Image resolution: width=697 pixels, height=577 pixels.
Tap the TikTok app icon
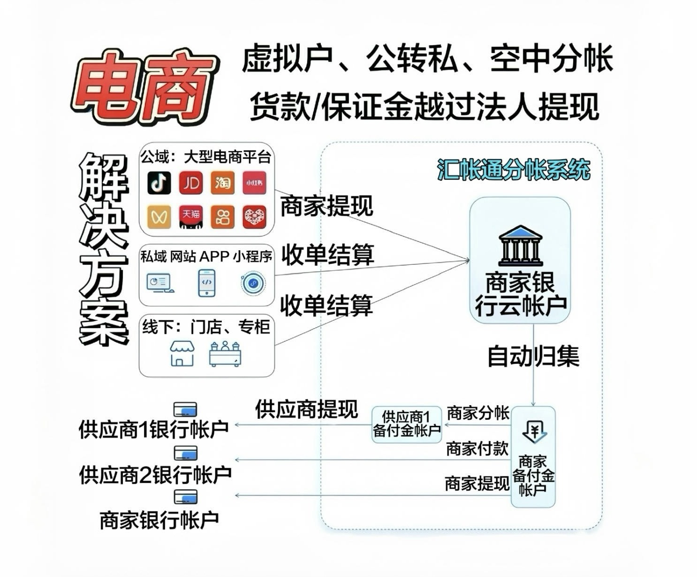click(x=159, y=182)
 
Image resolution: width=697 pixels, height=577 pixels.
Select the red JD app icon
click(x=191, y=182)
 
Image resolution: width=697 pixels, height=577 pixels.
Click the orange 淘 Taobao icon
click(x=222, y=182)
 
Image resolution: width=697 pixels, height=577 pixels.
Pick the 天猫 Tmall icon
click(x=191, y=216)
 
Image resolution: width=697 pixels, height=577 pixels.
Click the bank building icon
click(x=520, y=246)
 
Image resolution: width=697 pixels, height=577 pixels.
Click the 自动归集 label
click(x=533, y=356)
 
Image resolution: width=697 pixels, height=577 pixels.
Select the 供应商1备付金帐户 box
click(x=407, y=424)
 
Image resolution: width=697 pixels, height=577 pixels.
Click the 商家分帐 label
click(x=477, y=413)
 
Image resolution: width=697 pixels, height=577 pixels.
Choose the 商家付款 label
click(x=477, y=449)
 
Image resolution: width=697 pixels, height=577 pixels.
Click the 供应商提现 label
click(x=306, y=409)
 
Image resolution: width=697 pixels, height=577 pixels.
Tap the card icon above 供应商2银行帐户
click(x=185, y=454)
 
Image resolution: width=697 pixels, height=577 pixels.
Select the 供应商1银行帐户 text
click(x=153, y=430)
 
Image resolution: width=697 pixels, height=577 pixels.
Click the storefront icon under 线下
click(x=182, y=353)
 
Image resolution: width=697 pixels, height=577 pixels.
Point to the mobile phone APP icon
click(x=206, y=282)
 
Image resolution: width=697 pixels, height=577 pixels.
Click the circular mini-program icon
click(x=253, y=283)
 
